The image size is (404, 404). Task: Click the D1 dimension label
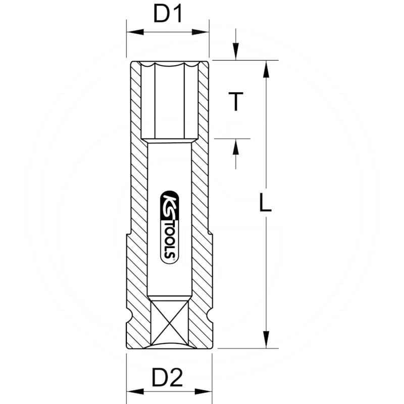(167, 15)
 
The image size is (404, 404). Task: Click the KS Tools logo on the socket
(169, 226)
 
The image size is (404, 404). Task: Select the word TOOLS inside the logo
(169, 237)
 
